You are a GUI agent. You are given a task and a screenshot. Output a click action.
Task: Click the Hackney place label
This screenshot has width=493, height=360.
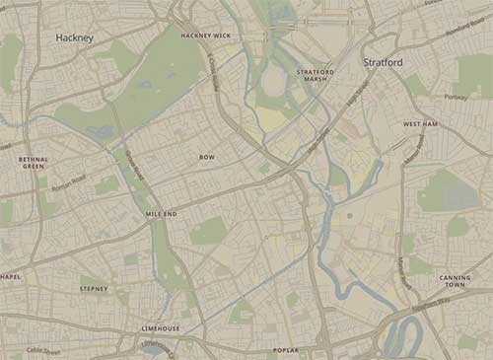[x=75, y=37]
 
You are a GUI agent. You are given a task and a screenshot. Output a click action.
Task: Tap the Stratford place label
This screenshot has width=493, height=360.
[x=384, y=62]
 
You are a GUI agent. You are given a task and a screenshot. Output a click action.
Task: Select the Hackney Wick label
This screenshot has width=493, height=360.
[x=206, y=36]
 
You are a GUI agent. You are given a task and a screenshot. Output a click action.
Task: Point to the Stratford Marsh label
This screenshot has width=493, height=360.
[x=316, y=76]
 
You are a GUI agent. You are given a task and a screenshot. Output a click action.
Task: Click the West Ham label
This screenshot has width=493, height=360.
[x=420, y=124]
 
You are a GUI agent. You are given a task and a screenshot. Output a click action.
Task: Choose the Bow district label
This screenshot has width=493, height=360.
[x=207, y=157]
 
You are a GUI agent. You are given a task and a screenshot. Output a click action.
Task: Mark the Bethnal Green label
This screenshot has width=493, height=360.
[x=33, y=162]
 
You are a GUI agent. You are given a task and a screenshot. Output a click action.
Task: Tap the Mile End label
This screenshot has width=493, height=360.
[x=162, y=213]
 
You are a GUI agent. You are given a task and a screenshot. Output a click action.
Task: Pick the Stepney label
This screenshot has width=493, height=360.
[x=95, y=288]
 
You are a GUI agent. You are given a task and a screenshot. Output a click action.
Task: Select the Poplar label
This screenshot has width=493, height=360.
[x=285, y=350]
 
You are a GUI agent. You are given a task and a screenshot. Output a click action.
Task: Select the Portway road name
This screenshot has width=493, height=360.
[x=456, y=97]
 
